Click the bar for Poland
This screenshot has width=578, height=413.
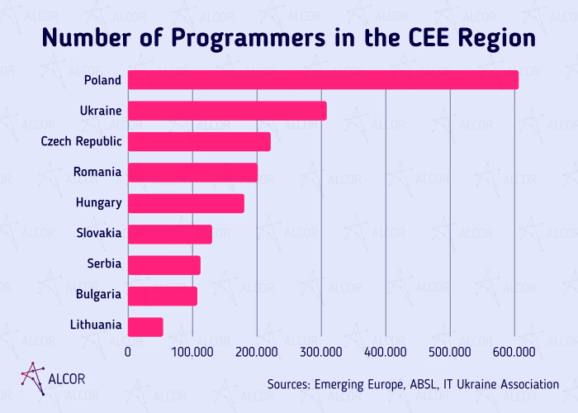323,80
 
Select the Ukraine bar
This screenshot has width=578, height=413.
227,111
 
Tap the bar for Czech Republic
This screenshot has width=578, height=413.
199,141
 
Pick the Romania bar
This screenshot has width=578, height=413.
192,173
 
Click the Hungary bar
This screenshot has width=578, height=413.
186,203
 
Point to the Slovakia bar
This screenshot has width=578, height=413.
170,234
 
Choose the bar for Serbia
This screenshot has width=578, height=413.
164,265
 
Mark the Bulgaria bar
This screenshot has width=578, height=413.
163,296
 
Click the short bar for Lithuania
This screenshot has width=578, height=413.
145,327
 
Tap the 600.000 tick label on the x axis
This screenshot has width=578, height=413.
514,353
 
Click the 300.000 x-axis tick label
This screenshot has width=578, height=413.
321,353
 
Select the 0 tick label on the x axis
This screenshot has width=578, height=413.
128,353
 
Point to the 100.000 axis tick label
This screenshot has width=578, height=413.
192,353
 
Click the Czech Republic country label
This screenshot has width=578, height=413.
82,141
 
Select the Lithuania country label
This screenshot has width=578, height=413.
95,325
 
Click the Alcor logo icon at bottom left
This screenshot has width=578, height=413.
32,377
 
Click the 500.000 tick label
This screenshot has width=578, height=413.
450,353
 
